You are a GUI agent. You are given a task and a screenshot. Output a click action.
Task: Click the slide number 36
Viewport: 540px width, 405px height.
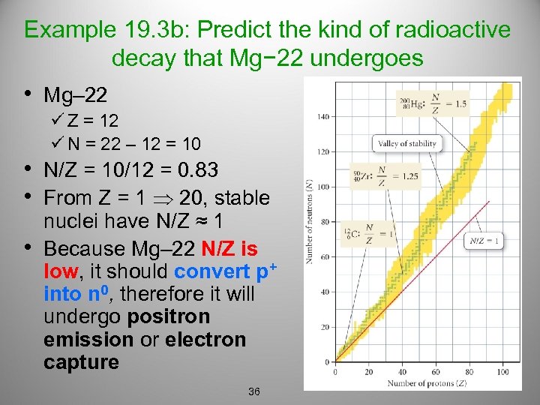click(253, 392)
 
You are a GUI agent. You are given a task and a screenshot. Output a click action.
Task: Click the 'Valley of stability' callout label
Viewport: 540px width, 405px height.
click(408, 143)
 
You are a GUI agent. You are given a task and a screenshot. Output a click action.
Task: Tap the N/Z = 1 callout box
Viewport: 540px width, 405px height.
click(484, 241)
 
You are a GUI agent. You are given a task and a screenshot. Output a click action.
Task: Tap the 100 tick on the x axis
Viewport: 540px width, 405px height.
click(502, 373)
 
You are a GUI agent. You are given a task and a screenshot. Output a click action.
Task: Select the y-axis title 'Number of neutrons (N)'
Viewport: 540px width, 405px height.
click(309, 220)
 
